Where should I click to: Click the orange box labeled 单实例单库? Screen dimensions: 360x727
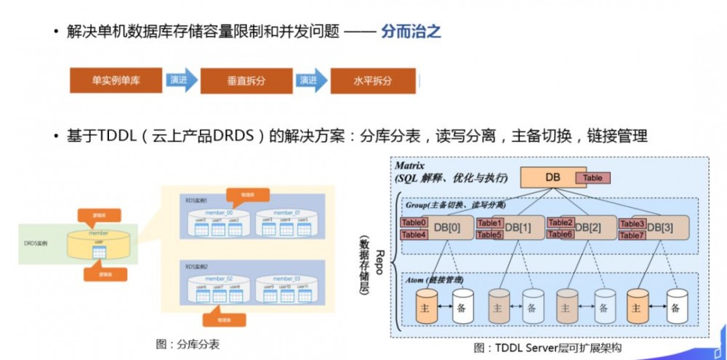click(x=116, y=81)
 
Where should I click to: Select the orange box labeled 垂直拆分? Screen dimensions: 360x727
click(x=246, y=81)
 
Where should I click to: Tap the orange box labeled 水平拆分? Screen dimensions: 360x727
click(x=373, y=81)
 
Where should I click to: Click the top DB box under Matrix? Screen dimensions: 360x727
click(x=552, y=177)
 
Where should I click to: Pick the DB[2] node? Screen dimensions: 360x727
click(x=590, y=228)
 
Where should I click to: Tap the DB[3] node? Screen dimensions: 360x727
click(x=662, y=228)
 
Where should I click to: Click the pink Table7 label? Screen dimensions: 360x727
click(x=632, y=235)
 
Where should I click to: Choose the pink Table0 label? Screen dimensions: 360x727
click(x=414, y=223)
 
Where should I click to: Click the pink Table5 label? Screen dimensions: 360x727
click(x=490, y=235)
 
